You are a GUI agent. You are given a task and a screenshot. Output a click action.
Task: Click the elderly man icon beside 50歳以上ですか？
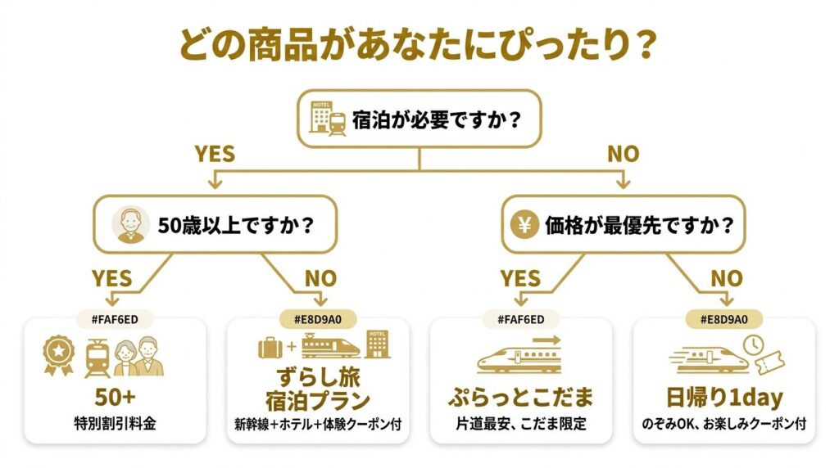[130, 224]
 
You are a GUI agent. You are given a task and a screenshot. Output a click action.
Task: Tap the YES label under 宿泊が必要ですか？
[214, 154]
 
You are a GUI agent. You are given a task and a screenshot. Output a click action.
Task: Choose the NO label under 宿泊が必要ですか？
[623, 154]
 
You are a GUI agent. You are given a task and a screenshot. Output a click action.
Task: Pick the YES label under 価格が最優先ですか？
[521, 278]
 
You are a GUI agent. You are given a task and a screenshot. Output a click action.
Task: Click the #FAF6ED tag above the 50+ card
[114, 318]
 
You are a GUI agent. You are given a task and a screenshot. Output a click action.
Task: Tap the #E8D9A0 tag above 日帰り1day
[726, 318]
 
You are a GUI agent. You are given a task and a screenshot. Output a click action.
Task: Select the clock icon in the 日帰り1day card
[755, 345]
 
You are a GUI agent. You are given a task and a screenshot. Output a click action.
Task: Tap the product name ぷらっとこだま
[520, 398]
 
